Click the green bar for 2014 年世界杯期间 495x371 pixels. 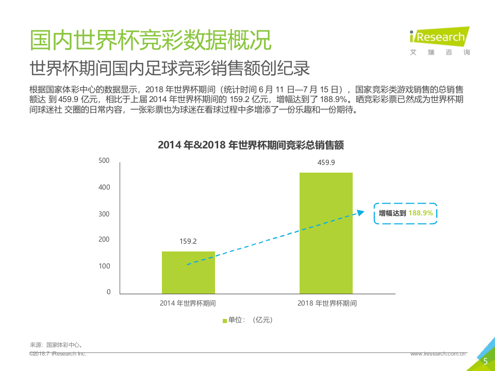[188, 273]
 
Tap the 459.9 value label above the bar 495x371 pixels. [326, 163]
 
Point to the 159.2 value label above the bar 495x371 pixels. [188, 241]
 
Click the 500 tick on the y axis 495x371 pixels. [104, 161]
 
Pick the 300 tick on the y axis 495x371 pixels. [104, 214]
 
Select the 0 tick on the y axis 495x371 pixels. [108, 292]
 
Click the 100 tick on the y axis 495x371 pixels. [104, 266]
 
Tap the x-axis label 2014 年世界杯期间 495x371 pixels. [188, 303]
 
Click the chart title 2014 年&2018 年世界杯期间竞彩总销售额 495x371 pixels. [251, 145]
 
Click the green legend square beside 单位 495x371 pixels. [224, 321]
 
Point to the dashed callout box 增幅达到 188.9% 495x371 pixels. [406, 213]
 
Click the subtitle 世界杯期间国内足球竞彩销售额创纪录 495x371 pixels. [169, 69]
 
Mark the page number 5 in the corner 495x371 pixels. [485, 362]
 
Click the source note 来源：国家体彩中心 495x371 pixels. [57, 345]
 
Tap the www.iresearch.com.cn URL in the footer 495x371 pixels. [438, 354]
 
